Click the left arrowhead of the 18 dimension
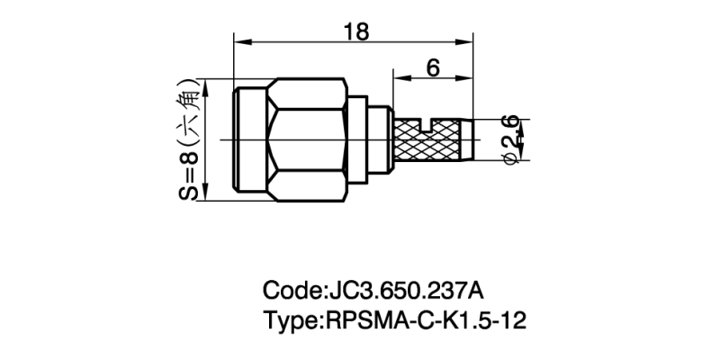(x=239, y=41)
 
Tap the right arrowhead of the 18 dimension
(x=468, y=41)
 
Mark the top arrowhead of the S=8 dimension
(x=208, y=84)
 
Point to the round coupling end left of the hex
(x=252, y=139)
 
